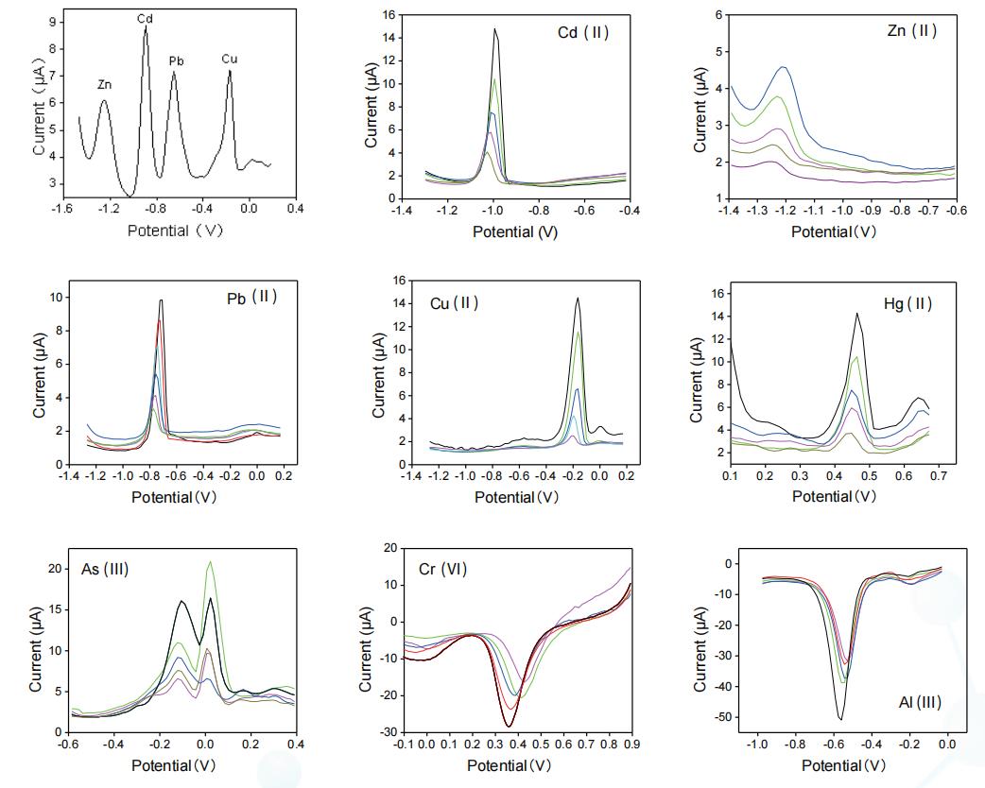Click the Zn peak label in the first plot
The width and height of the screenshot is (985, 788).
pyautogui.click(x=104, y=85)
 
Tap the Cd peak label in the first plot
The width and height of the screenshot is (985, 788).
pyautogui.click(x=146, y=19)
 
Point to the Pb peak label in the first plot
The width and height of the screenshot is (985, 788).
pyautogui.click(x=176, y=61)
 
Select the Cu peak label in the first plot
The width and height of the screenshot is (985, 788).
pyautogui.click(x=230, y=59)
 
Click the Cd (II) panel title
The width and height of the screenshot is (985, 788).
pyautogui.click(x=583, y=33)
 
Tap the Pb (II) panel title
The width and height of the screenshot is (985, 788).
pyautogui.click(x=251, y=296)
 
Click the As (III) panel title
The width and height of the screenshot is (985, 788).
pyautogui.click(x=105, y=569)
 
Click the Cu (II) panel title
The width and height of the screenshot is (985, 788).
pyautogui.click(x=455, y=303)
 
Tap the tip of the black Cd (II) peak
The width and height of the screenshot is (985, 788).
pyautogui.click(x=494, y=29)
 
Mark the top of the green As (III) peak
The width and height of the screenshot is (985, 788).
pyautogui.click(x=210, y=562)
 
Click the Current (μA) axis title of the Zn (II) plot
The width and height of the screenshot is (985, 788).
pyautogui.click(x=700, y=106)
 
